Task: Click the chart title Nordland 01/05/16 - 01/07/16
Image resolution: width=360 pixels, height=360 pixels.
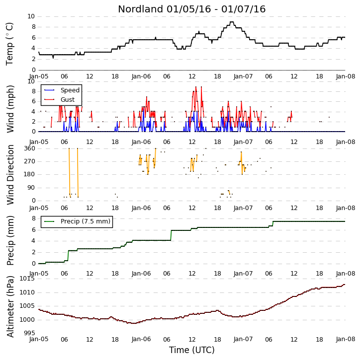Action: pyautogui.click(x=192, y=9)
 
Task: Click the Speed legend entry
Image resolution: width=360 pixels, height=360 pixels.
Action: pyautogui.click(x=62, y=90)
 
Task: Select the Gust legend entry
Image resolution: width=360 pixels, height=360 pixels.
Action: pyautogui.click(x=59, y=100)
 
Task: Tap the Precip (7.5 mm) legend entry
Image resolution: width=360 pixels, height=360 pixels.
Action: pyautogui.click(x=77, y=221)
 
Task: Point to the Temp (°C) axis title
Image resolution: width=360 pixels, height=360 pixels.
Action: pyautogui.click(x=9, y=44)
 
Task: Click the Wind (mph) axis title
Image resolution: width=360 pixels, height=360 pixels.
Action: pyautogui.click(x=10, y=109)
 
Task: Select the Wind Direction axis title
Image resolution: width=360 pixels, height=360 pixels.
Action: pyautogui.click(x=10, y=175)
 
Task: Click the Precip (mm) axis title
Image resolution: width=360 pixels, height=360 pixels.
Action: pyautogui.click(x=10, y=241)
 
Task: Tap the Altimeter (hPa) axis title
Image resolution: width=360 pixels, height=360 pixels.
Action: pyautogui.click(x=10, y=307)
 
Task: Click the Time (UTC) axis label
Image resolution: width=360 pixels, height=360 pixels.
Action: pyautogui.click(x=192, y=350)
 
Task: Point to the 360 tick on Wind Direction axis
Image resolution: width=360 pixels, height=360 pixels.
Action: pyautogui.click(x=30, y=148)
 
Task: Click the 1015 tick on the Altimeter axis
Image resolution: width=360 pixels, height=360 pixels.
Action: pyautogui.click(x=27, y=279)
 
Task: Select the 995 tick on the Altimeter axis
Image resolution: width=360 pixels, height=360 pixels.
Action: pyautogui.click(x=30, y=333)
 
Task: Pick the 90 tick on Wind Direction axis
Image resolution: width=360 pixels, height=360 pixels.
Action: pyautogui.click(x=32, y=188)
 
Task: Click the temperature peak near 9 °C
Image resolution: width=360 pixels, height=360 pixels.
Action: pyautogui.click(x=232, y=22)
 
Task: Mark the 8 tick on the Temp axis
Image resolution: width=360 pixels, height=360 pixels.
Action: pyautogui.click(x=33, y=27)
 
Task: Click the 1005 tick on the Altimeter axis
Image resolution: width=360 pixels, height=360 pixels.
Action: pyautogui.click(x=27, y=306)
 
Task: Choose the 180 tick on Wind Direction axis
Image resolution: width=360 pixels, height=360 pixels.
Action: pyautogui.click(x=30, y=174)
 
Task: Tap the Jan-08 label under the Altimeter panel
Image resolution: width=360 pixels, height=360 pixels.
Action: pyautogui.click(x=345, y=339)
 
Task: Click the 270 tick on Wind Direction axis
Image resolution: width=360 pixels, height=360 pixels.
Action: pyautogui.click(x=30, y=161)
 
